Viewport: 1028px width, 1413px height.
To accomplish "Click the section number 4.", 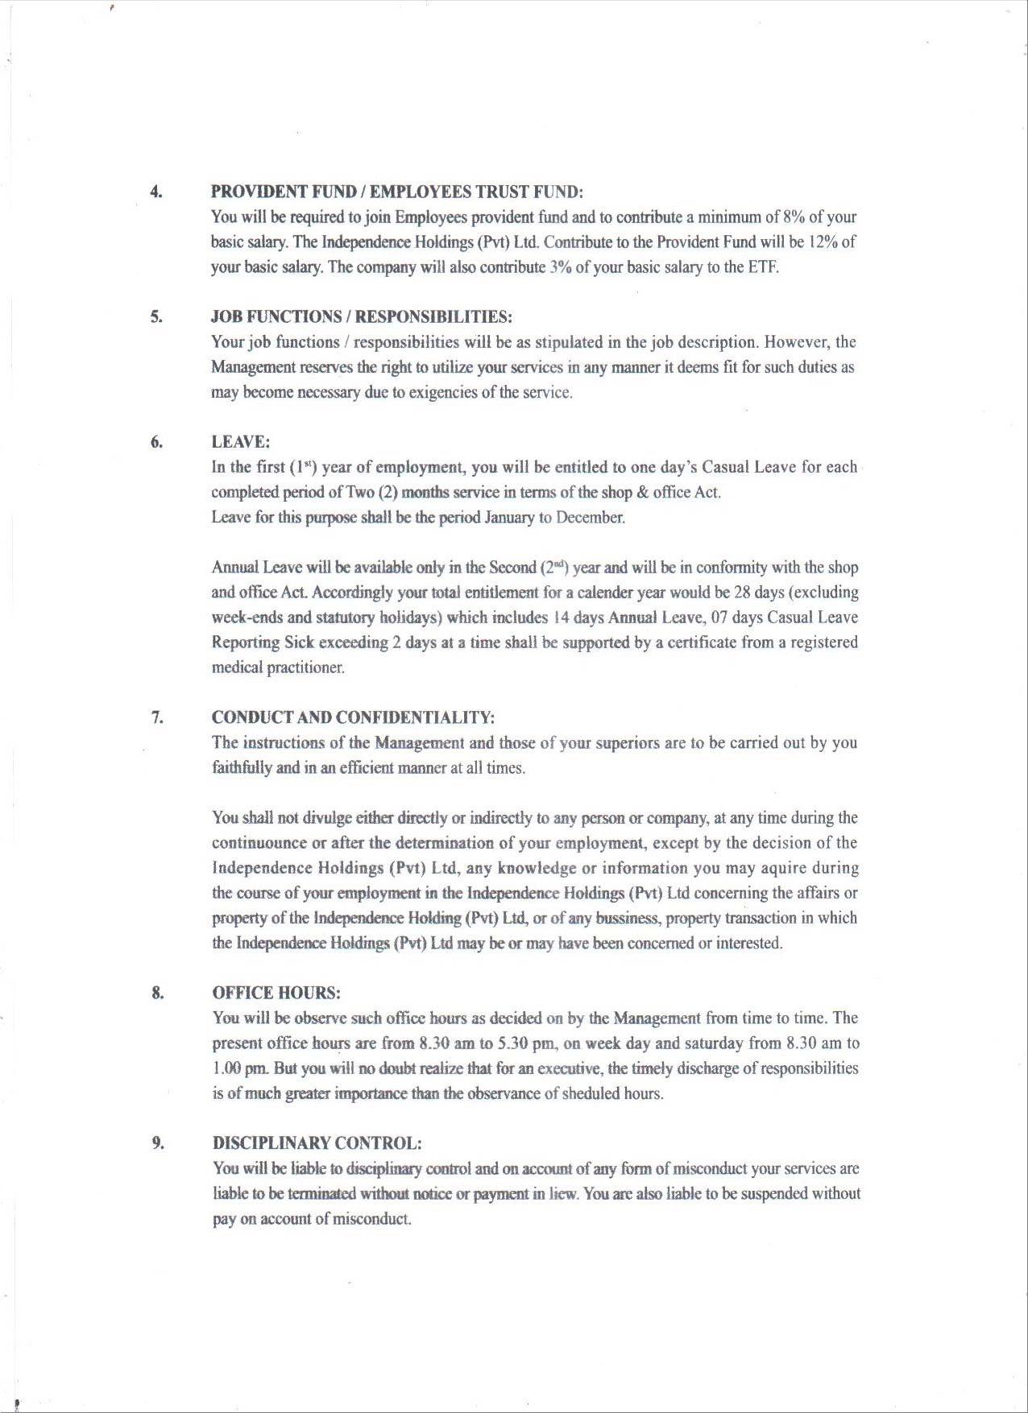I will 155,192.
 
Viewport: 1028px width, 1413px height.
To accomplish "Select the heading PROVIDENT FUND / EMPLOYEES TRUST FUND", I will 396,192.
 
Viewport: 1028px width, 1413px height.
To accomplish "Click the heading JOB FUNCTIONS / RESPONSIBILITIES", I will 362,316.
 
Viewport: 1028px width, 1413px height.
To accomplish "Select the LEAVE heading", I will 240,442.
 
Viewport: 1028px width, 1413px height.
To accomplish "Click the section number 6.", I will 156,441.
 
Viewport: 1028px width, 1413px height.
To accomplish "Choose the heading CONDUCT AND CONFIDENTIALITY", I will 353,717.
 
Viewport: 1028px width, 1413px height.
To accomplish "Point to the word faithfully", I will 242,768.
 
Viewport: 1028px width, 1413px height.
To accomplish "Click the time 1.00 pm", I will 240,1068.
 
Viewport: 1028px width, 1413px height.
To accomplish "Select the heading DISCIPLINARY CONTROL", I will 317,1143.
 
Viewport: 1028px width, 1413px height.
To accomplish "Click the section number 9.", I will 158,1142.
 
